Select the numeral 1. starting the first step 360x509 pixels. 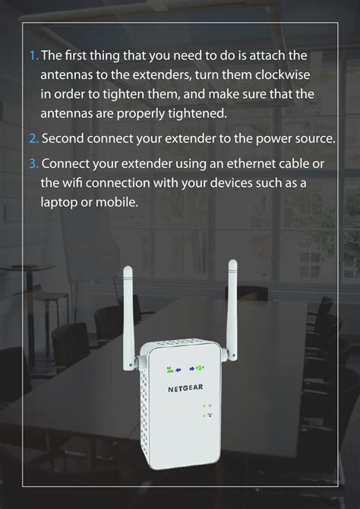(33, 55)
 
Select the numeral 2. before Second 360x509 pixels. (34, 139)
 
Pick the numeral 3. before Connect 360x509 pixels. (34, 164)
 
